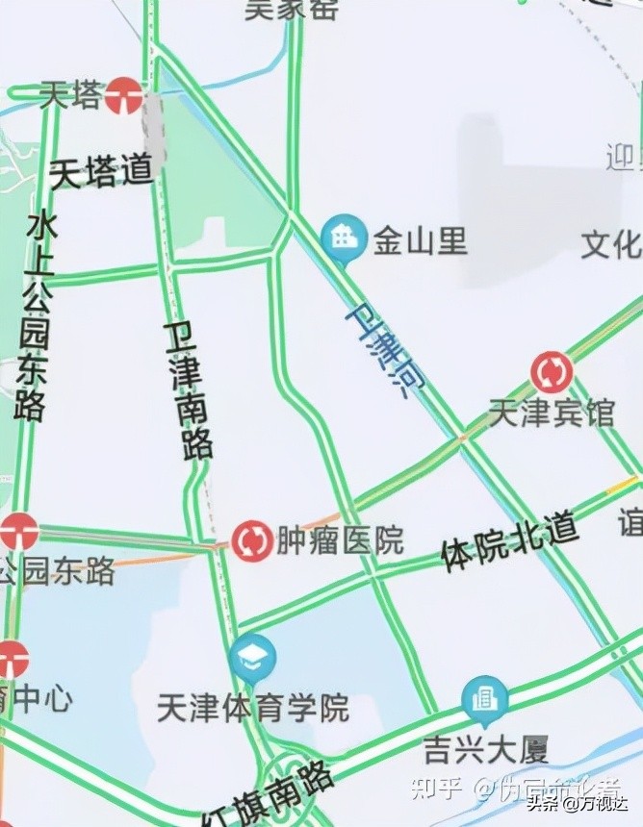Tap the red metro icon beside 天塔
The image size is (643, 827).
point(124,95)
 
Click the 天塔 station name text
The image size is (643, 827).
point(71,95)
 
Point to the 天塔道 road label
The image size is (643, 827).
point(101,172)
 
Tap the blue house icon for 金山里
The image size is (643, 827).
point(342,238)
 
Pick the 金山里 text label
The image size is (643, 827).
point(421,240)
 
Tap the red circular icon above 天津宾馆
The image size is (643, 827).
point(552,372)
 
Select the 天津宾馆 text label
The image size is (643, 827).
point(552,413)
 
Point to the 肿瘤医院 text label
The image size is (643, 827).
point(340,540)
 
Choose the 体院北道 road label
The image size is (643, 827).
point(509,541)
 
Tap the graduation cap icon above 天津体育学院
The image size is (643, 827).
point(253,657)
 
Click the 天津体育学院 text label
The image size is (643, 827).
point(253,710)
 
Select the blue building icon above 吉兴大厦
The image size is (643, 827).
point(485,699)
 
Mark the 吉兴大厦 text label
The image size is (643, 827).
point(486,747)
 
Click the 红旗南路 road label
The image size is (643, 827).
point(270,797)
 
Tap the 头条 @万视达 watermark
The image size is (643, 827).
point(587,801)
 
